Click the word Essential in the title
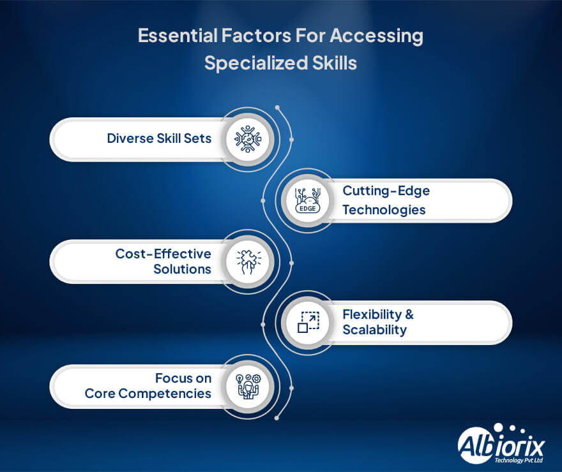tap(178, 36)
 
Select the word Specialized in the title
tap(256, 64)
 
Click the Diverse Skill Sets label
tap(159, 138)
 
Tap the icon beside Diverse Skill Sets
tap(248, 139)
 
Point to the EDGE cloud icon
tap(307, 200)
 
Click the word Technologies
tap(384, 210)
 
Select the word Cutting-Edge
tap(386, 191)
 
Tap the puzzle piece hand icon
tap(248, 262)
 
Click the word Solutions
tap(182, 269)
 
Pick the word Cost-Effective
tap(163, 254)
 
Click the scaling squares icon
tap(308, 322)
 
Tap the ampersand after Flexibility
tap(409, 314)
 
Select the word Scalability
tap(374, 330)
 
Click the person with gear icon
tap(248, 386)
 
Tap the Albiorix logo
tap(501, 444)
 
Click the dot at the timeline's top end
tap(277, 107)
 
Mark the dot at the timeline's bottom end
tap(277, 418)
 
